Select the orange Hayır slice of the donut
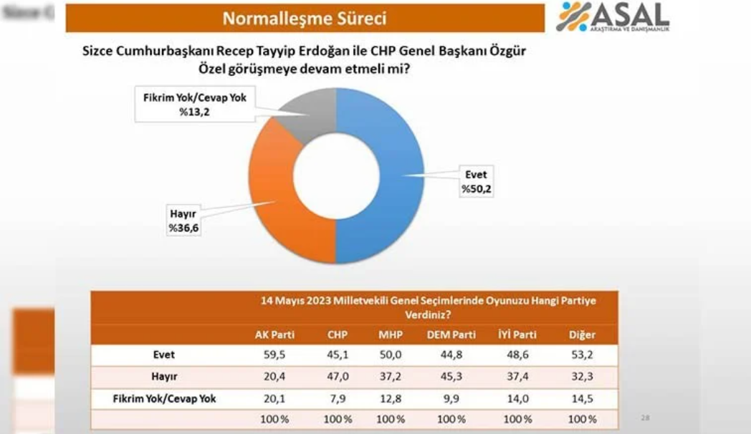coord(271,191)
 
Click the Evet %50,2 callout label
coord(476,182)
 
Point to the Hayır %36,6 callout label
coord(183,221)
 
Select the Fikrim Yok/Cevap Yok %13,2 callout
coord(195,105)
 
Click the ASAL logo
coord(613,17)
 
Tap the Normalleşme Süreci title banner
coord(305,18)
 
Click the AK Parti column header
coord(274,335)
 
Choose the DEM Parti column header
coord(451,335)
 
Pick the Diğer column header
coord(582,335)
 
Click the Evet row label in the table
coord(164,355)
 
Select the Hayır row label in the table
coord(164,377)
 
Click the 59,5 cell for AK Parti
coord(274,355)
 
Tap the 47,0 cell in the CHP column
coord(338,377)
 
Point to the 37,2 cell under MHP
coord(391,377)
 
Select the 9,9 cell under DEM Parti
coord(451,399)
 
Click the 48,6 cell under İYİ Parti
coord(517,355)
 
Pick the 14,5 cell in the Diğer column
coord(582,399)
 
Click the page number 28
coord(645,418)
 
